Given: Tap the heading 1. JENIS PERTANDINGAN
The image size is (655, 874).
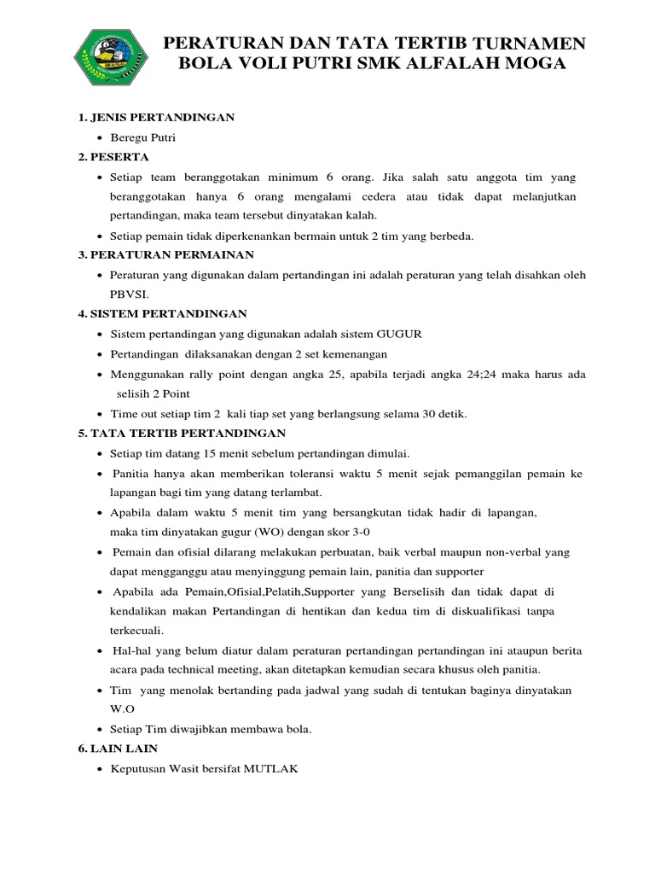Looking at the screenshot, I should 157,116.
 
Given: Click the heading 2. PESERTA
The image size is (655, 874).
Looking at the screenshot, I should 113,157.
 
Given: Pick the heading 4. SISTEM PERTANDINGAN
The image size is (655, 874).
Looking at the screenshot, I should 162,314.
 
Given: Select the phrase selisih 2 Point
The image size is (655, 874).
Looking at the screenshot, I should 154,393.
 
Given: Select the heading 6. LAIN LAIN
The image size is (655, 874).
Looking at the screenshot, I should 118,749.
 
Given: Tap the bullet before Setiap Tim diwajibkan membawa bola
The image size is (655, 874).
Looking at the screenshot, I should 101,730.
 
